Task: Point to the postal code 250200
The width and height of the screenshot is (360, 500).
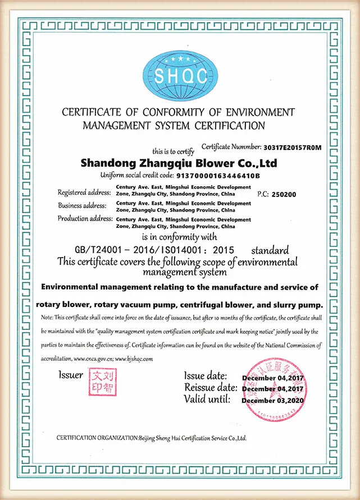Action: (284, 194)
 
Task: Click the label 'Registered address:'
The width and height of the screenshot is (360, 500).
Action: (84, 192)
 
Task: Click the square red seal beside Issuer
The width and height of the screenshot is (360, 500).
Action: (101, 381)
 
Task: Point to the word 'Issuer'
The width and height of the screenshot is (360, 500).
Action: (71, 374)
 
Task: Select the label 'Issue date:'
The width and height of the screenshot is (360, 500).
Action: (206, 376)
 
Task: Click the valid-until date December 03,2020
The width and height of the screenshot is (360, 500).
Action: (272, 401)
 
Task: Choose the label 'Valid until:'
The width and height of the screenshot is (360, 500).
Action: (207, 400)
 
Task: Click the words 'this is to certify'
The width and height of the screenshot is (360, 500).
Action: (173, 152)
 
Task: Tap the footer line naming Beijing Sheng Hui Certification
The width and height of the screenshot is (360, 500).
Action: (152, 438)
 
